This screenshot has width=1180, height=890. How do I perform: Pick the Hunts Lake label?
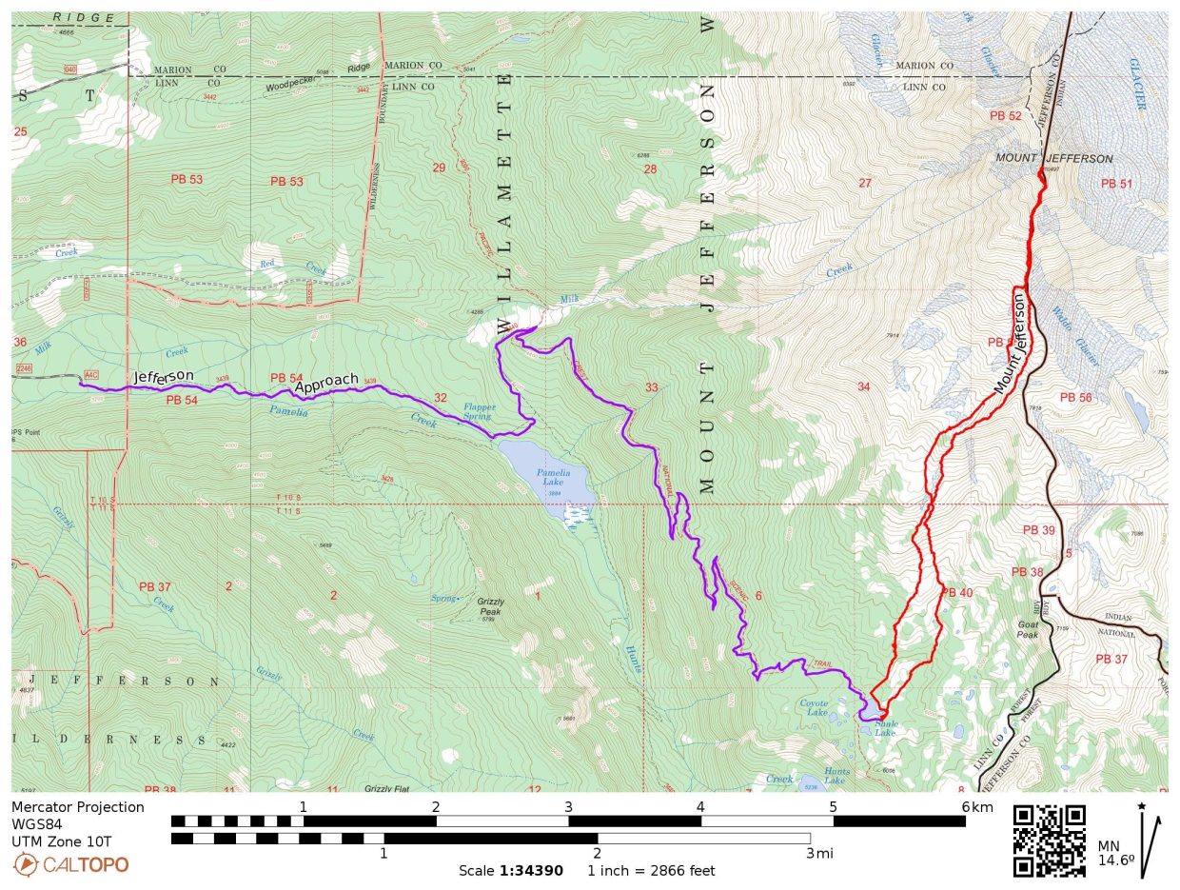(836, 776)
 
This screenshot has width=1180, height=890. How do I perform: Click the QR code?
(1049, 841)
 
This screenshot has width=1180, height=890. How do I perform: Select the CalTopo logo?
(71, 864)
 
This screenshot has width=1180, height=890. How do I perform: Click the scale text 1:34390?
(531, 870)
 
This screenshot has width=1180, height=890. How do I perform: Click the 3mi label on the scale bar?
(820, 853)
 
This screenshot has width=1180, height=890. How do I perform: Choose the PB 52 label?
(1005, 116)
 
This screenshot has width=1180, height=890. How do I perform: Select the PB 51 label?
(1116, 184)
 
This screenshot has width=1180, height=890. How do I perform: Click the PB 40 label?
(957, 593)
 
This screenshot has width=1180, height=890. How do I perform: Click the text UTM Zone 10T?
(61, 841)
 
